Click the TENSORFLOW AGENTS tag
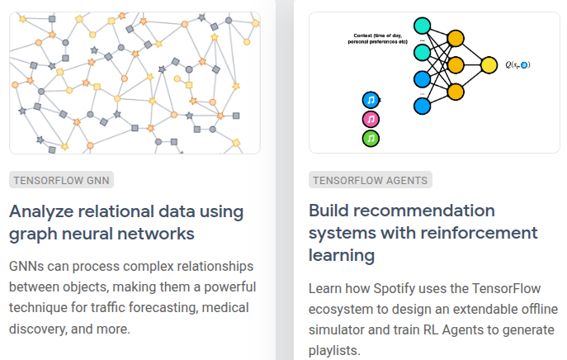[x=370, y=180]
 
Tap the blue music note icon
[x=371, y=100]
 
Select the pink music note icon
[x=371, y=119]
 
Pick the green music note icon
[x=371, y=137]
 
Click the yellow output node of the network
[x=489, y=64]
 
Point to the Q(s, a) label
[x=517, y=64]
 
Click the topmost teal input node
[x=423, y=26]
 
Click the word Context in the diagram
[x=364, y=36]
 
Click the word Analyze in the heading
[x=40, y=210]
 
